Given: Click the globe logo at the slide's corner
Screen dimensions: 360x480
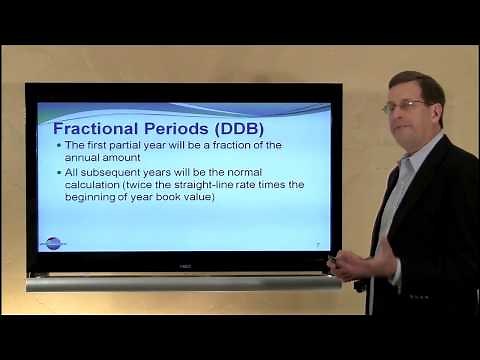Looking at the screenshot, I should tap(52, 241).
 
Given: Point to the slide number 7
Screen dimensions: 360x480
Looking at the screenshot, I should tap(317, 243).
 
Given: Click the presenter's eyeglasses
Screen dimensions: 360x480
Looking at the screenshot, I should tap(401, 105).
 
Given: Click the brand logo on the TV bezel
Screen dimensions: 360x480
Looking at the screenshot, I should tap(184, 265).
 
